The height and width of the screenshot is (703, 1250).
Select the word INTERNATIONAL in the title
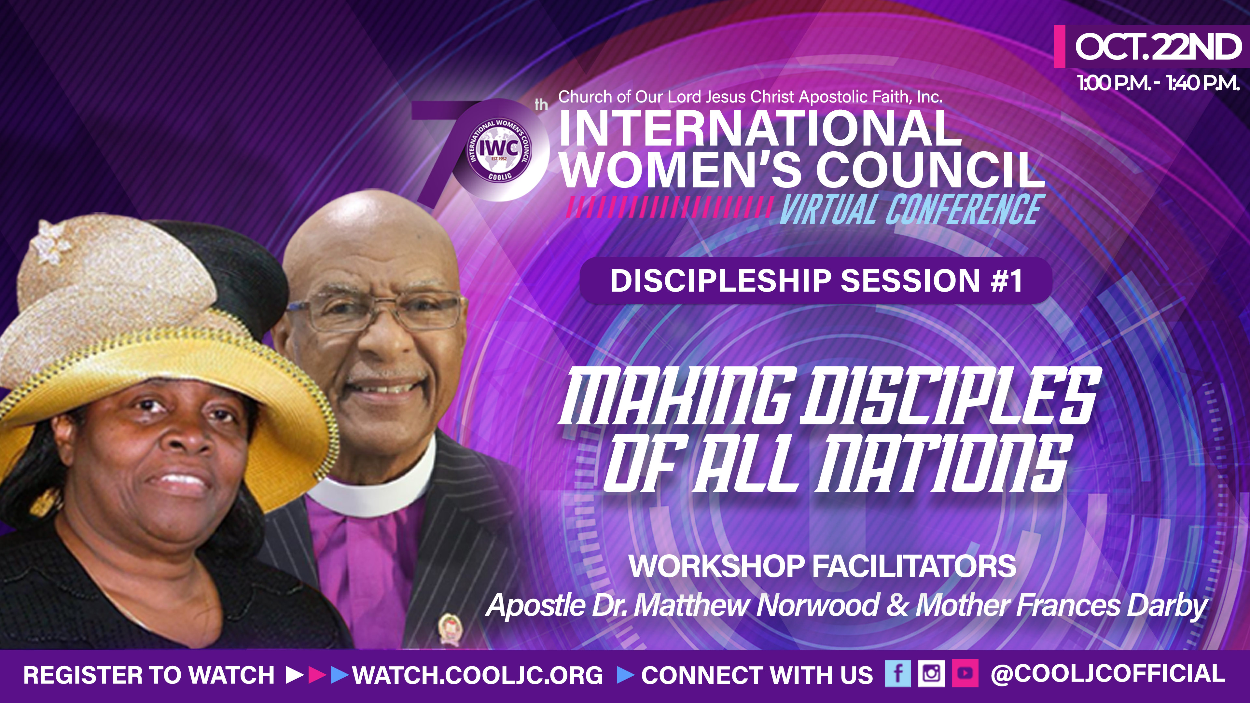(x=759, y=129)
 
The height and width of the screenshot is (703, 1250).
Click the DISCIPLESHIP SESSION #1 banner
(x=815, y=281)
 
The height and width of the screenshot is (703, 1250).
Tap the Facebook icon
(x=898, y=674)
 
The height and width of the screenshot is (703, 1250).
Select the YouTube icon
(x=965, y=674)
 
